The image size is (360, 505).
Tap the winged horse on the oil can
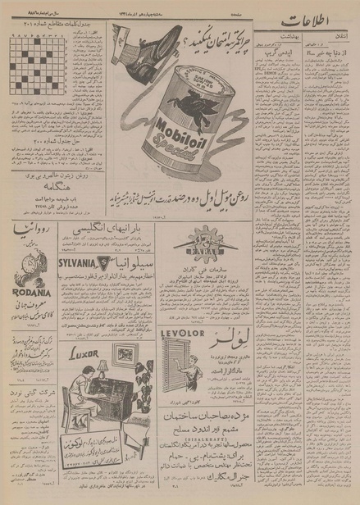pos(182,98)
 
